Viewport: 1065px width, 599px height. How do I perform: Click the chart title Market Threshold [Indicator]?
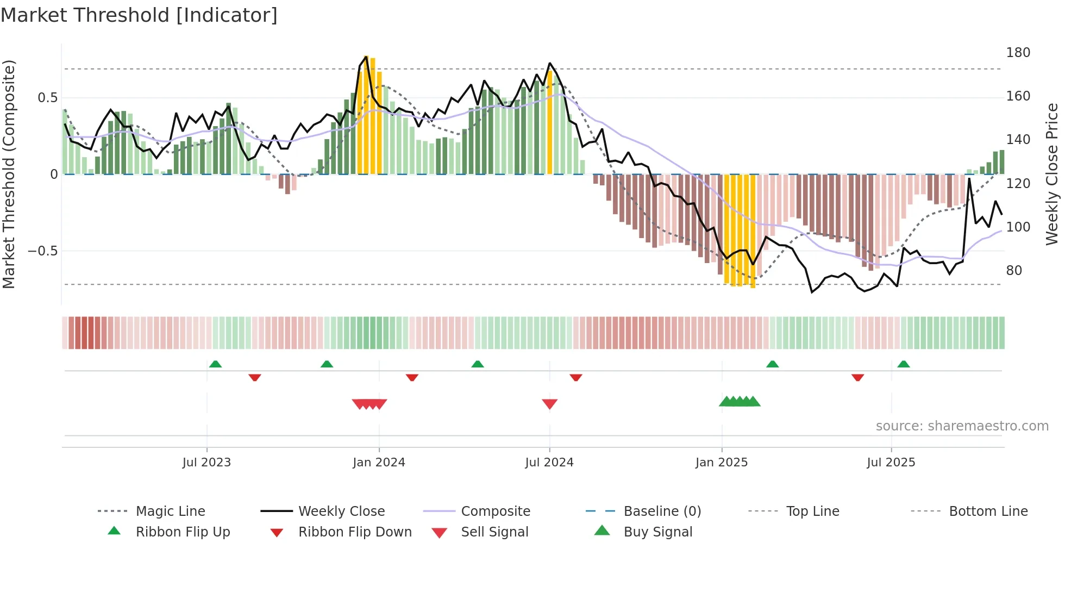pos(139,15)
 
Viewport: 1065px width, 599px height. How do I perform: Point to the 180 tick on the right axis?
pos(1018,53)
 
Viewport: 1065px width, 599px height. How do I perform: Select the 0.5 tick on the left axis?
pos(47,98)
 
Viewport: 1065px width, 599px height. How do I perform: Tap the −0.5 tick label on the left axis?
pos(42,251)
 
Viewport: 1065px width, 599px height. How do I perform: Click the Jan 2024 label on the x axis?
pos(379,463)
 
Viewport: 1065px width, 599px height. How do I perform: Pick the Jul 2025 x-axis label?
pos(891,463)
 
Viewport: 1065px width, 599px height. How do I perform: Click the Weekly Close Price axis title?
pos(1052,174)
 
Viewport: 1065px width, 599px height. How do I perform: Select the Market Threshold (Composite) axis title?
pos(9,174)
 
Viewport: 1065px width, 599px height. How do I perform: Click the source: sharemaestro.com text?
pos(962,426)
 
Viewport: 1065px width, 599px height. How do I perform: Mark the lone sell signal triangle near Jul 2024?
pos(549,404)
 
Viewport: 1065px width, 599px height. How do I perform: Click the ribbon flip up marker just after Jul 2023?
pos(215,364)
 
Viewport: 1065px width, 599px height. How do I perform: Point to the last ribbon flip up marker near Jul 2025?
pos(903,364)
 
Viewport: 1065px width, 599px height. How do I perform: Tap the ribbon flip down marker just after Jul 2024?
pos(576,377)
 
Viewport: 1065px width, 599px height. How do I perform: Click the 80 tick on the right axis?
pos(1014,271)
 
